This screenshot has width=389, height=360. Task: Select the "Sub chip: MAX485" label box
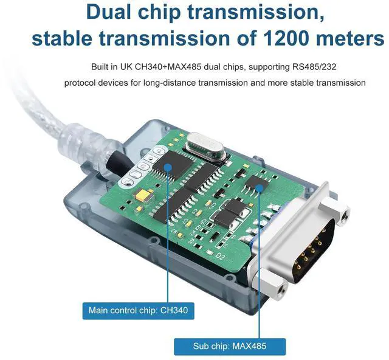tap(230, 347)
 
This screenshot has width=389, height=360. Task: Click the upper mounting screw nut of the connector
tap(345, 213)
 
